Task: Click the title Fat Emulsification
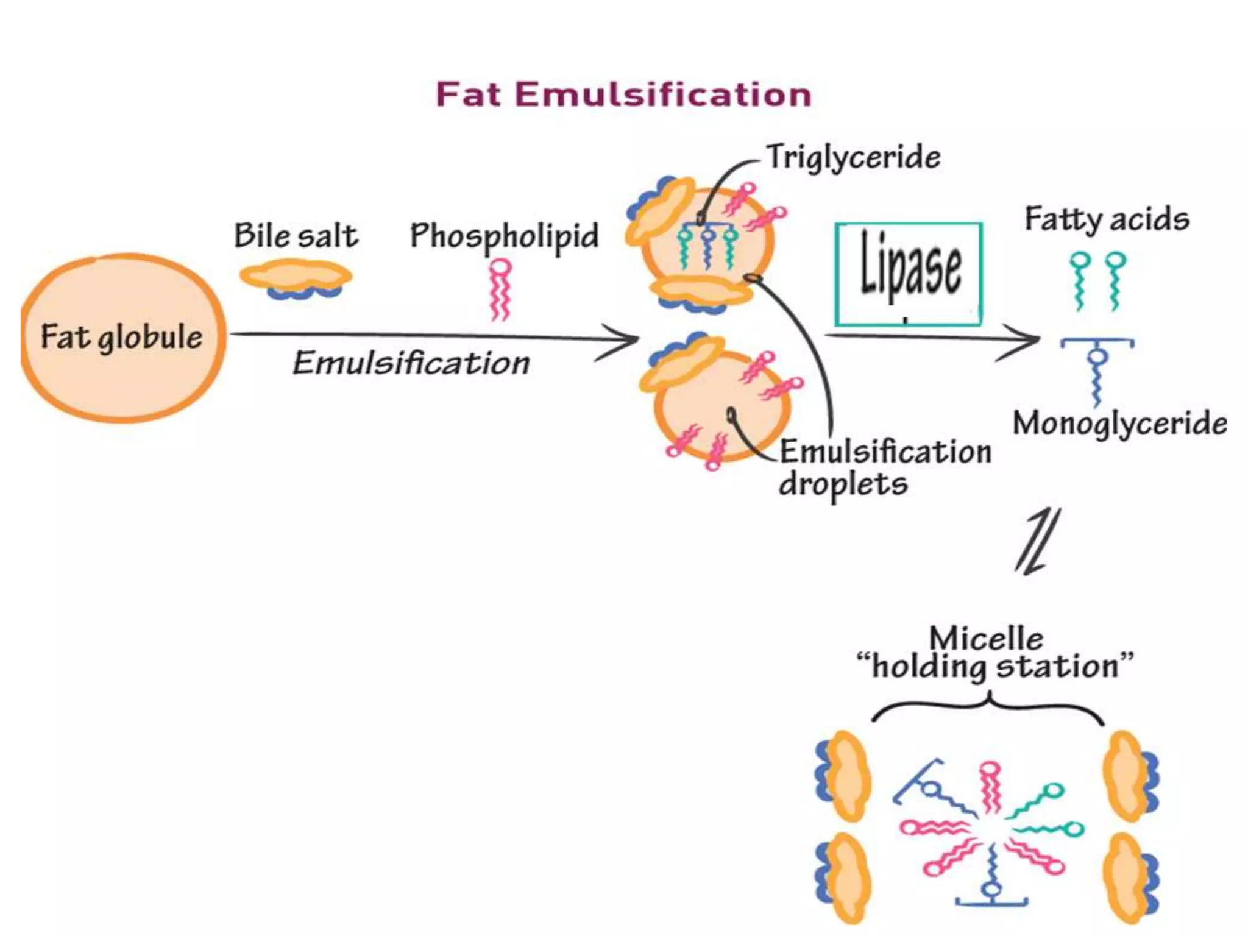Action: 623,95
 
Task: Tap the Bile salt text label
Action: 296,236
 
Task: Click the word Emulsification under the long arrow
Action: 411,363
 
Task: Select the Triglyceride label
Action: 853,157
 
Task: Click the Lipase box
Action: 908,274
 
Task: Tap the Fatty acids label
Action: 1107,219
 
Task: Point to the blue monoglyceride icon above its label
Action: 1097,366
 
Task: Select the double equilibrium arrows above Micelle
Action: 1037,541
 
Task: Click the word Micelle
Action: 986,639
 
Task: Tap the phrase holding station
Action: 995,666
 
